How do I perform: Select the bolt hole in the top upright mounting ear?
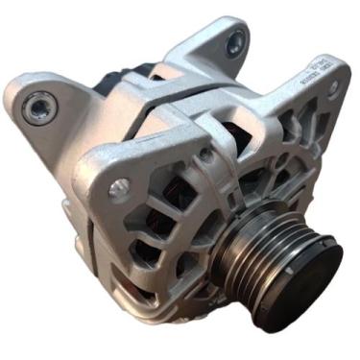(235, 41)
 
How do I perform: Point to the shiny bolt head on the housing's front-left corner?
(119, 188)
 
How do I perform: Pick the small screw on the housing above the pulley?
(204, 154)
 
